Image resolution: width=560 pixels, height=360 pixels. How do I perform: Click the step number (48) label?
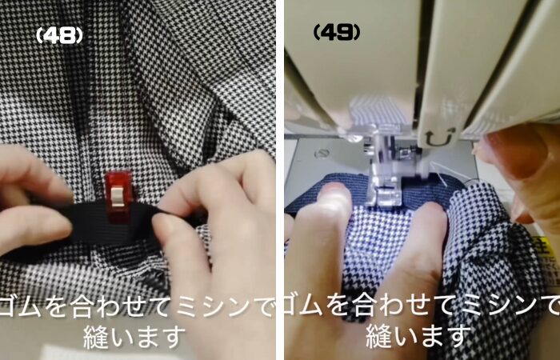tap(59, 36)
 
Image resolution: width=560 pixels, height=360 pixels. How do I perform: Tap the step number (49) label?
tap(337, 33)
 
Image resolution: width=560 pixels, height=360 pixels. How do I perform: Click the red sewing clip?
tap(118, 196)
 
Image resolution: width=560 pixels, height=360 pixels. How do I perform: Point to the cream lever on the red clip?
tap(118, 197)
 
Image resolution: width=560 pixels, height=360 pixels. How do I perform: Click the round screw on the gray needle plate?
tap(321, 154)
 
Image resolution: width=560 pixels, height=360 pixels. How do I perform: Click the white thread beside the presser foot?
tap(438, 174)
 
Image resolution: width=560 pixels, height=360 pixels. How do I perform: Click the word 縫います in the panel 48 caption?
tap(134, 337)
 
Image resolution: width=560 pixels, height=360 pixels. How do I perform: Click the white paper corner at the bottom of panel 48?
tap(107, 353)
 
